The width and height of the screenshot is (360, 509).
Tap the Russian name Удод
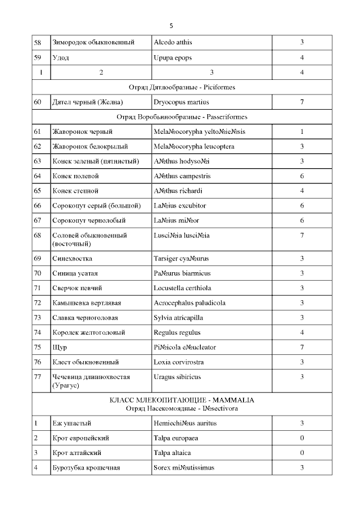(60, 57)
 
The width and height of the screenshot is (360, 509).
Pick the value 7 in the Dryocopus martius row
(302, 102)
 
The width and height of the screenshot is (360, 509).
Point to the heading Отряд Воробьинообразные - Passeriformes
(182, 117)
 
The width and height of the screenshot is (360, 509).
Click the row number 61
(38, 132)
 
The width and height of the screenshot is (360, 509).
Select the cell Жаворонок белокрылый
(90, 147)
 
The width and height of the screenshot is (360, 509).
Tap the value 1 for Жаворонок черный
(302, 132)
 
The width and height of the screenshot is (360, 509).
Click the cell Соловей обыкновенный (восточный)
(89, 240)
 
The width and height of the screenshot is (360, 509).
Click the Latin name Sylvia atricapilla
(179, 318)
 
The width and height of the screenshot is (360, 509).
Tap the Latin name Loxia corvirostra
(178, 362)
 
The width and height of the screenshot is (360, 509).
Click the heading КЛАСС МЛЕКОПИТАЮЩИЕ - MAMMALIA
(182, 400)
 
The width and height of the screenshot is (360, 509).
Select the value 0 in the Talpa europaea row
(302, 438)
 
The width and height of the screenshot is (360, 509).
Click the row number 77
(38, 377)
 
